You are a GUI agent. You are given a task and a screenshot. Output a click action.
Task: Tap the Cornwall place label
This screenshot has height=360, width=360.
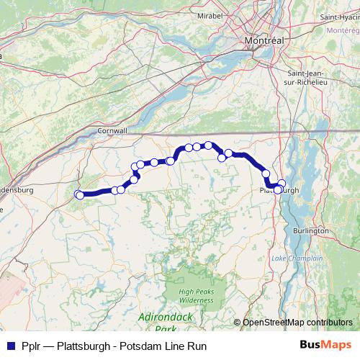coord(112,132)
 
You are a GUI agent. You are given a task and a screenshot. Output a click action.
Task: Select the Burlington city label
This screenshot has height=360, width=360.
coord(312,230)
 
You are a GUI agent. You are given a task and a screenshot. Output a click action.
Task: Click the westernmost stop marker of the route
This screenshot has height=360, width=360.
coord(79,194)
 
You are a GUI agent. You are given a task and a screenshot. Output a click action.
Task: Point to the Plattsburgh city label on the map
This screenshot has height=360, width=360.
coord(279,190)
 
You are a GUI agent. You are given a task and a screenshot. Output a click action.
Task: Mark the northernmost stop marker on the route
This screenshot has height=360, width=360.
coord(208,145)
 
